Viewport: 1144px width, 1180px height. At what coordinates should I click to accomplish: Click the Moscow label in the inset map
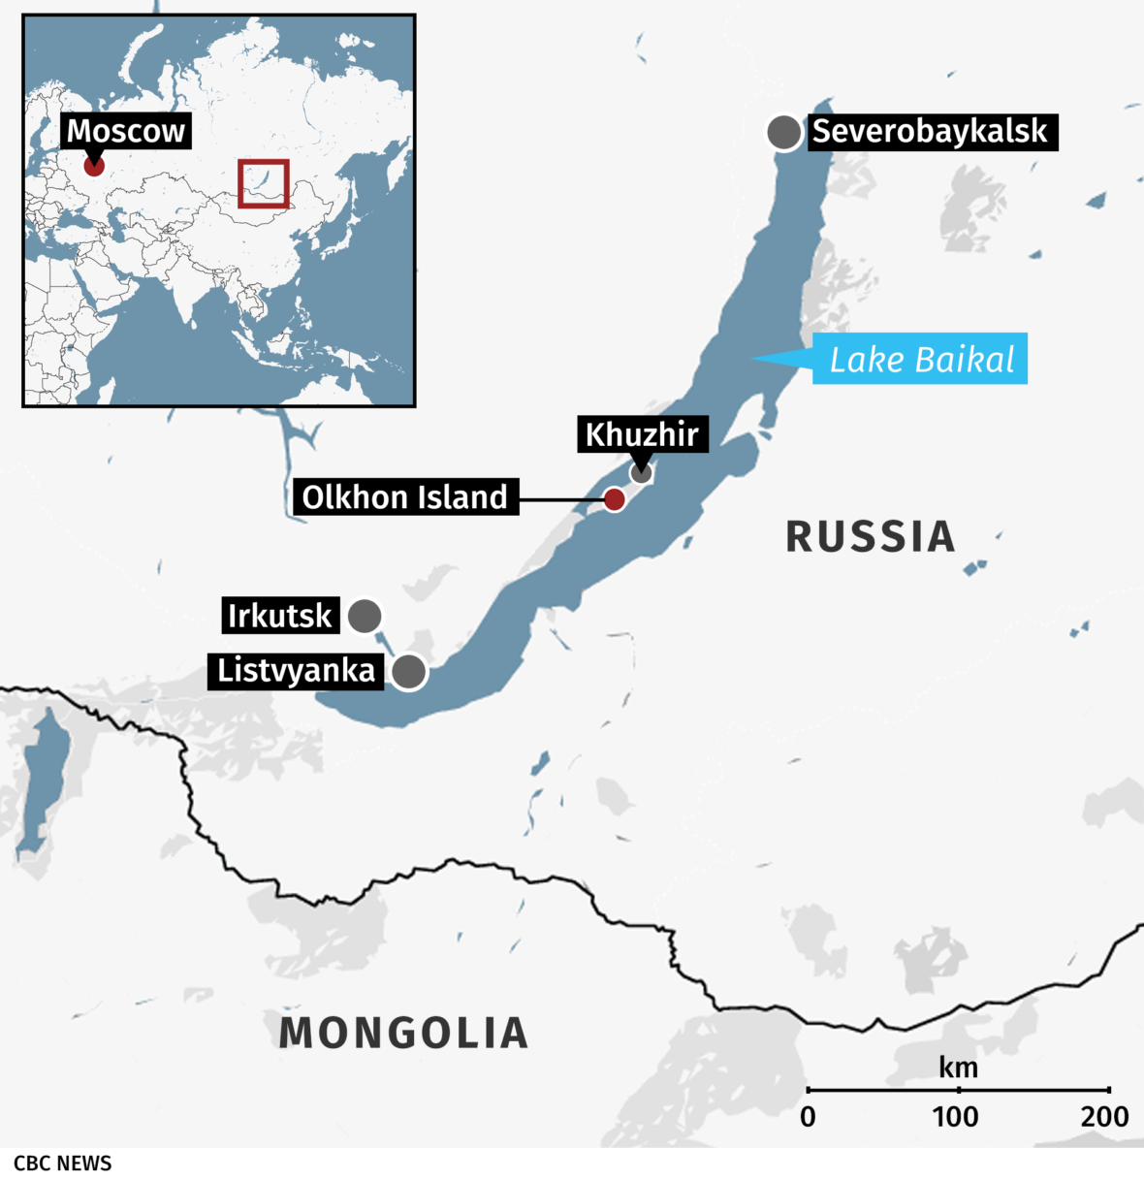(x=125, y=131)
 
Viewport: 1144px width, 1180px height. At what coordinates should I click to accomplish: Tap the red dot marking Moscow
(x=94, y=166)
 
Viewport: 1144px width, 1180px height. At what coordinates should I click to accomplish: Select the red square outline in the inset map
(x=264, y=183)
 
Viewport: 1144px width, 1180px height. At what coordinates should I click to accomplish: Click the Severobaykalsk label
(x=930, y=131)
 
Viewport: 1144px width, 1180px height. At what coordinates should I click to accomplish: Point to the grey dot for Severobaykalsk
(x=783, y=131)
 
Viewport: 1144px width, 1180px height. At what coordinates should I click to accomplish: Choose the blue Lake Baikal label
(x=920, y=360)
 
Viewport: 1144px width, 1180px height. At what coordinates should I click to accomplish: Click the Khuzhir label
(x=642, y=434)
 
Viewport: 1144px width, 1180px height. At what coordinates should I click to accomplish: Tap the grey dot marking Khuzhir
(x=641, y=473)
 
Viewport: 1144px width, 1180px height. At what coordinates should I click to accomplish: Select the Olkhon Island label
(x=404, y=497)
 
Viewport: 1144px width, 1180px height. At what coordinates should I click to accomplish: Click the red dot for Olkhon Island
(x=614, y=499)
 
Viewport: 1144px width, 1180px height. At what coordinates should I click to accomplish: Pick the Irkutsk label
(x=279, y=616)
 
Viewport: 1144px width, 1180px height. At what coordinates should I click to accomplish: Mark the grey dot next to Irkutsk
(x=365, y=616)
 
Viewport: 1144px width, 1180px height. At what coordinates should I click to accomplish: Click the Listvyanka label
(x=296, y=671)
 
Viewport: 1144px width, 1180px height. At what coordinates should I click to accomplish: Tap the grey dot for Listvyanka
(x=409, y=671)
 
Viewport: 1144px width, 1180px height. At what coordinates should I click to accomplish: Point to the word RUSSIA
(x=870, y=537)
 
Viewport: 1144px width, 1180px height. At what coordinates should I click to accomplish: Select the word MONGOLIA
(x=403, y=1034)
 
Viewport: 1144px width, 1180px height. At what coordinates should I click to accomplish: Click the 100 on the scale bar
(x=956, y=1117)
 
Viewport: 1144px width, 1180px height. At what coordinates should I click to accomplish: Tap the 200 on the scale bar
(x=1105, y=1117)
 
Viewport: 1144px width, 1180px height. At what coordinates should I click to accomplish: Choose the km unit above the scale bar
(x=958, y=1068)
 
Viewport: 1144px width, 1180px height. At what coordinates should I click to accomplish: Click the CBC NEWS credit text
(x=63, y=1164)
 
